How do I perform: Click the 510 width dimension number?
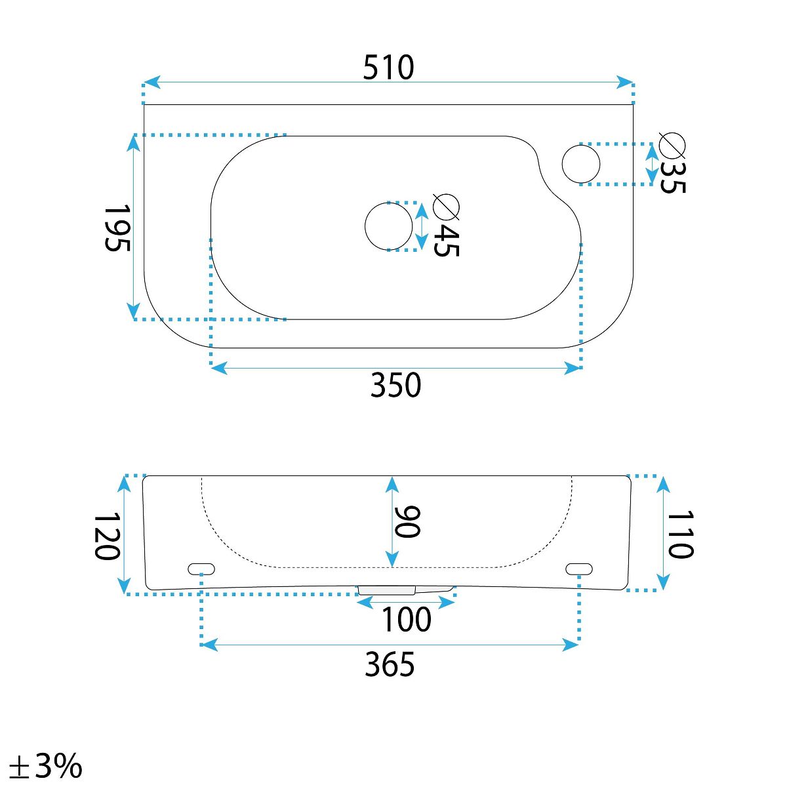[x=388, y=68]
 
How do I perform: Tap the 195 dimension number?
[x=117, y=228]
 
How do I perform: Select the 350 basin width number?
[x=395, y=385]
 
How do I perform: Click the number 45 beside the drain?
[x=447, y=240]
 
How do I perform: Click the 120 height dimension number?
[x=108, y=536]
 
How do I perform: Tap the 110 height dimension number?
[x=680, y=534]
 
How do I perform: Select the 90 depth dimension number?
[x=407, y=521]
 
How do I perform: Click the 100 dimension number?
[x=407, y=619]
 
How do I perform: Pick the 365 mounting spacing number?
[x=390, y=664]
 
